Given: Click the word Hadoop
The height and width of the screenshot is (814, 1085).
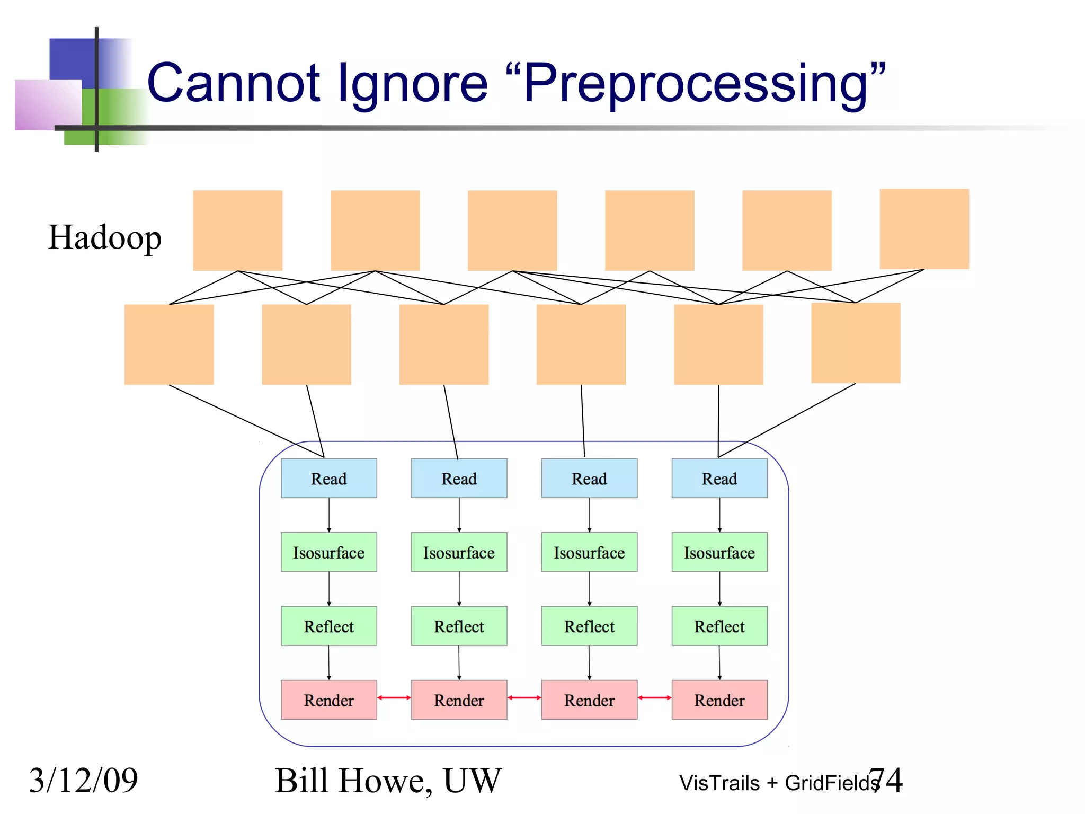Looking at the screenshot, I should point(104,237).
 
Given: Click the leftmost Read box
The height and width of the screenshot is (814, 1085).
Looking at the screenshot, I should point(328,478).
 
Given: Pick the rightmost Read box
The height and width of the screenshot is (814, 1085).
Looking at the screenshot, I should point(719,478).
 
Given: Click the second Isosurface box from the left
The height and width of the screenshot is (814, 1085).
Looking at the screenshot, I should point(459,552).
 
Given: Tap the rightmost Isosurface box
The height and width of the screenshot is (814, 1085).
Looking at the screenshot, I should point(719,552).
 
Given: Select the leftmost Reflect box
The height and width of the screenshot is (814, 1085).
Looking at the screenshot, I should point(328,626).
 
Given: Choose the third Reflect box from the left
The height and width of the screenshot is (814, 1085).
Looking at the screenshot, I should point(589,626).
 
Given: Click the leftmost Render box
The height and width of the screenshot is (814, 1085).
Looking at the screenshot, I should point(328,700).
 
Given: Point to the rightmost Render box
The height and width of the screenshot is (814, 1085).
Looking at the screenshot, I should point(719,700).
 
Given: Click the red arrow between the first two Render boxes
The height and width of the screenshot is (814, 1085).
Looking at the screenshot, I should point(394,697).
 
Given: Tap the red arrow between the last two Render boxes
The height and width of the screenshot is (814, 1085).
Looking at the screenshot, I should point(654,697).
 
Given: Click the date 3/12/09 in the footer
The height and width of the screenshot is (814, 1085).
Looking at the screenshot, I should point(83,780).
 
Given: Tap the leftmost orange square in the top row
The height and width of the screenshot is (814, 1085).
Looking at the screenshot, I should point(237,231).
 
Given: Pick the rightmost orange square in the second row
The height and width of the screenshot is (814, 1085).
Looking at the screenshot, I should point(856,343).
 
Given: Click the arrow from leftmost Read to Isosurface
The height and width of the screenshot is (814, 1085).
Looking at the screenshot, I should point(329,515).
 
